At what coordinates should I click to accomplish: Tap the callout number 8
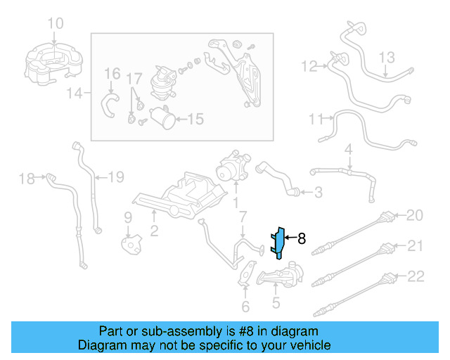point(302,238)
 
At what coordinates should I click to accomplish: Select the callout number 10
point(54,24)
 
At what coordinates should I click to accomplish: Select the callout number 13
point(388,57)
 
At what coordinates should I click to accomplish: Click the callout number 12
point(309,67)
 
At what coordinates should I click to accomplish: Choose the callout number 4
point(347,150)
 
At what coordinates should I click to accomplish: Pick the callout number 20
point(416,214)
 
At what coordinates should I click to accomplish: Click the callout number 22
point(416,276)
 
